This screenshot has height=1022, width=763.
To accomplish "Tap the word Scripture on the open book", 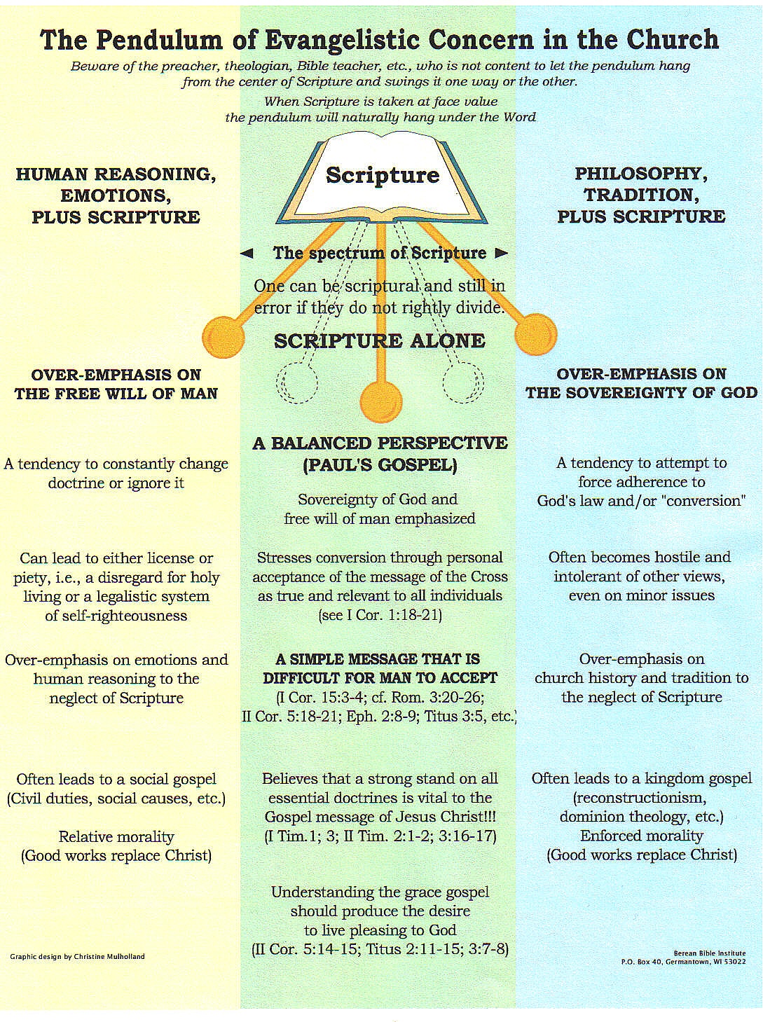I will click(383, 175).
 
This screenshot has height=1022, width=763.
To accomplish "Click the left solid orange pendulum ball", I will click(223, 337).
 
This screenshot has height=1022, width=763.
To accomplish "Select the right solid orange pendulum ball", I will click(536, 334).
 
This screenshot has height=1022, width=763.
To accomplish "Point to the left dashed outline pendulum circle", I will click(296, 383).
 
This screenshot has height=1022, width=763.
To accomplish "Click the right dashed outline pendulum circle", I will click(463, 382).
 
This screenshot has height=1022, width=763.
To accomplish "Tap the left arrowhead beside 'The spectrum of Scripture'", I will click(246, 254).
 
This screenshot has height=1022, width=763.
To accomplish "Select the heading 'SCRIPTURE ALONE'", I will click(380, 341).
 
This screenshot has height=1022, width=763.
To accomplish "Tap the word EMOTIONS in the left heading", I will click(116, 195).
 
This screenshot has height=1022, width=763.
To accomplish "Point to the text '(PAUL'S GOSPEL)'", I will click(380, 464).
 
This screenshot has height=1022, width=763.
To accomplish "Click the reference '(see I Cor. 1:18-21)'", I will click(380, 615).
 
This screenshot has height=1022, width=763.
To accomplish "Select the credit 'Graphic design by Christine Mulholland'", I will click(78, 956).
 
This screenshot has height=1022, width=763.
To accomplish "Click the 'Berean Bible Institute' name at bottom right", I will click(709, 953).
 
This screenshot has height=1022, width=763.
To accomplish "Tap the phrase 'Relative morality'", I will click(116, 836).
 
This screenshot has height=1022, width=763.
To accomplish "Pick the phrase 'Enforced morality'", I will click(641, 836).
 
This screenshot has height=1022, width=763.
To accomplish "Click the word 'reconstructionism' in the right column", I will click(641, 798).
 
